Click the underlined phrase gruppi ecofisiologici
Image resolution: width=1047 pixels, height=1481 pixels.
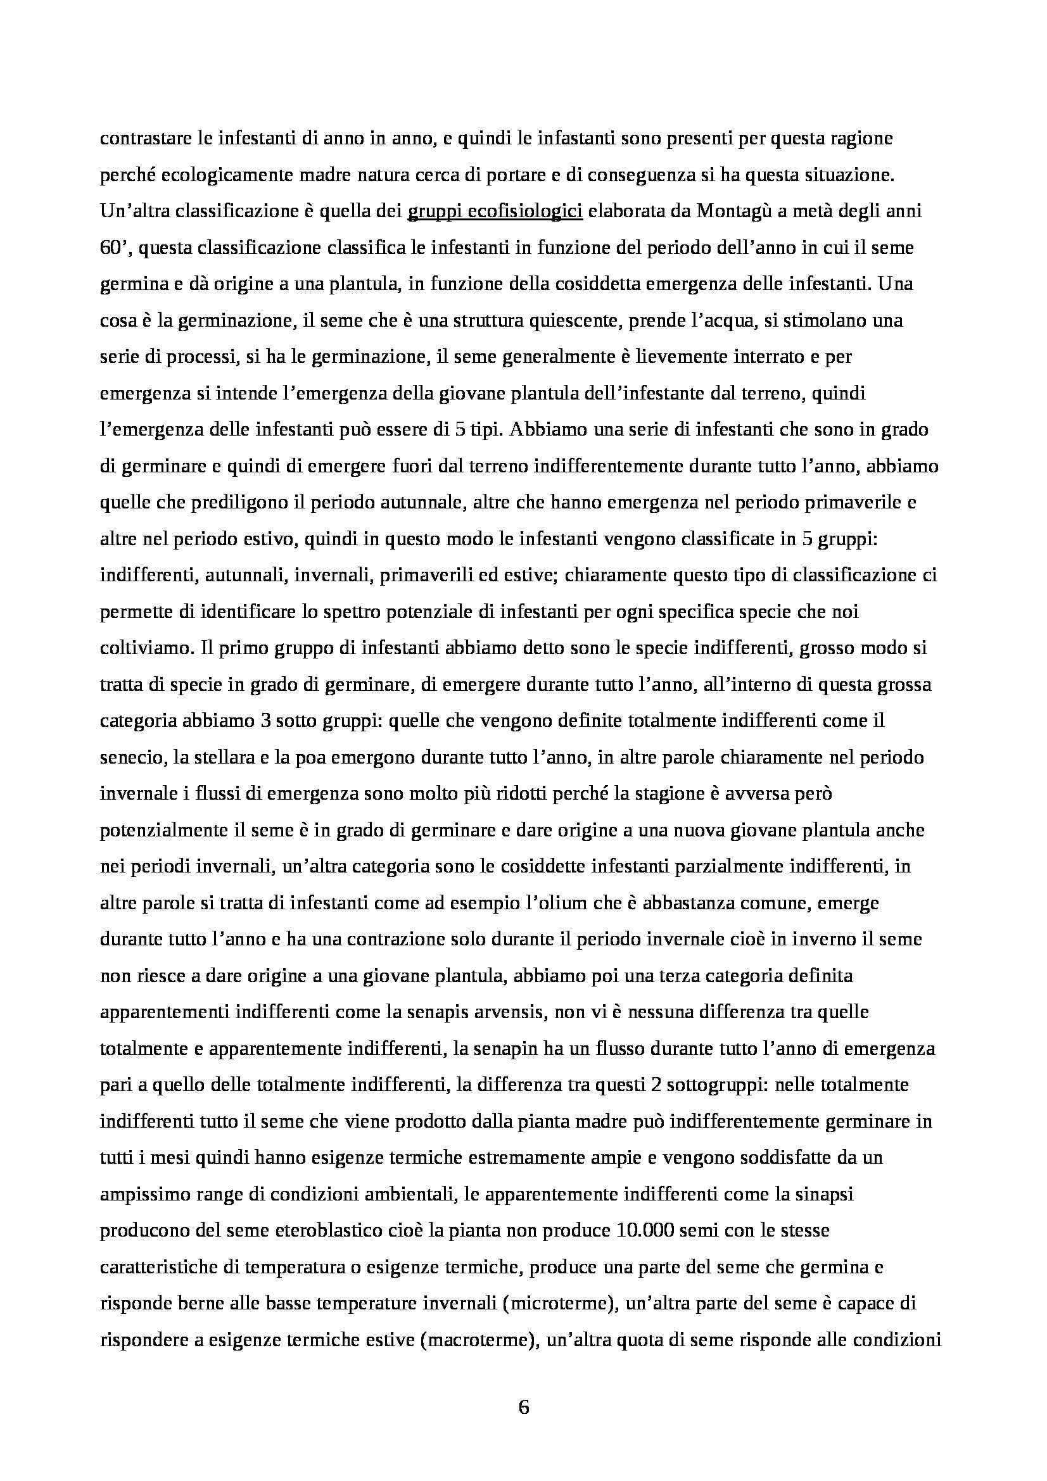click(x=495, y=211)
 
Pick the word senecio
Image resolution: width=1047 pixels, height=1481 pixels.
click(x=131, y=757)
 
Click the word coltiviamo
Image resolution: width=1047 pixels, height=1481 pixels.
click(x=141, y=648)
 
